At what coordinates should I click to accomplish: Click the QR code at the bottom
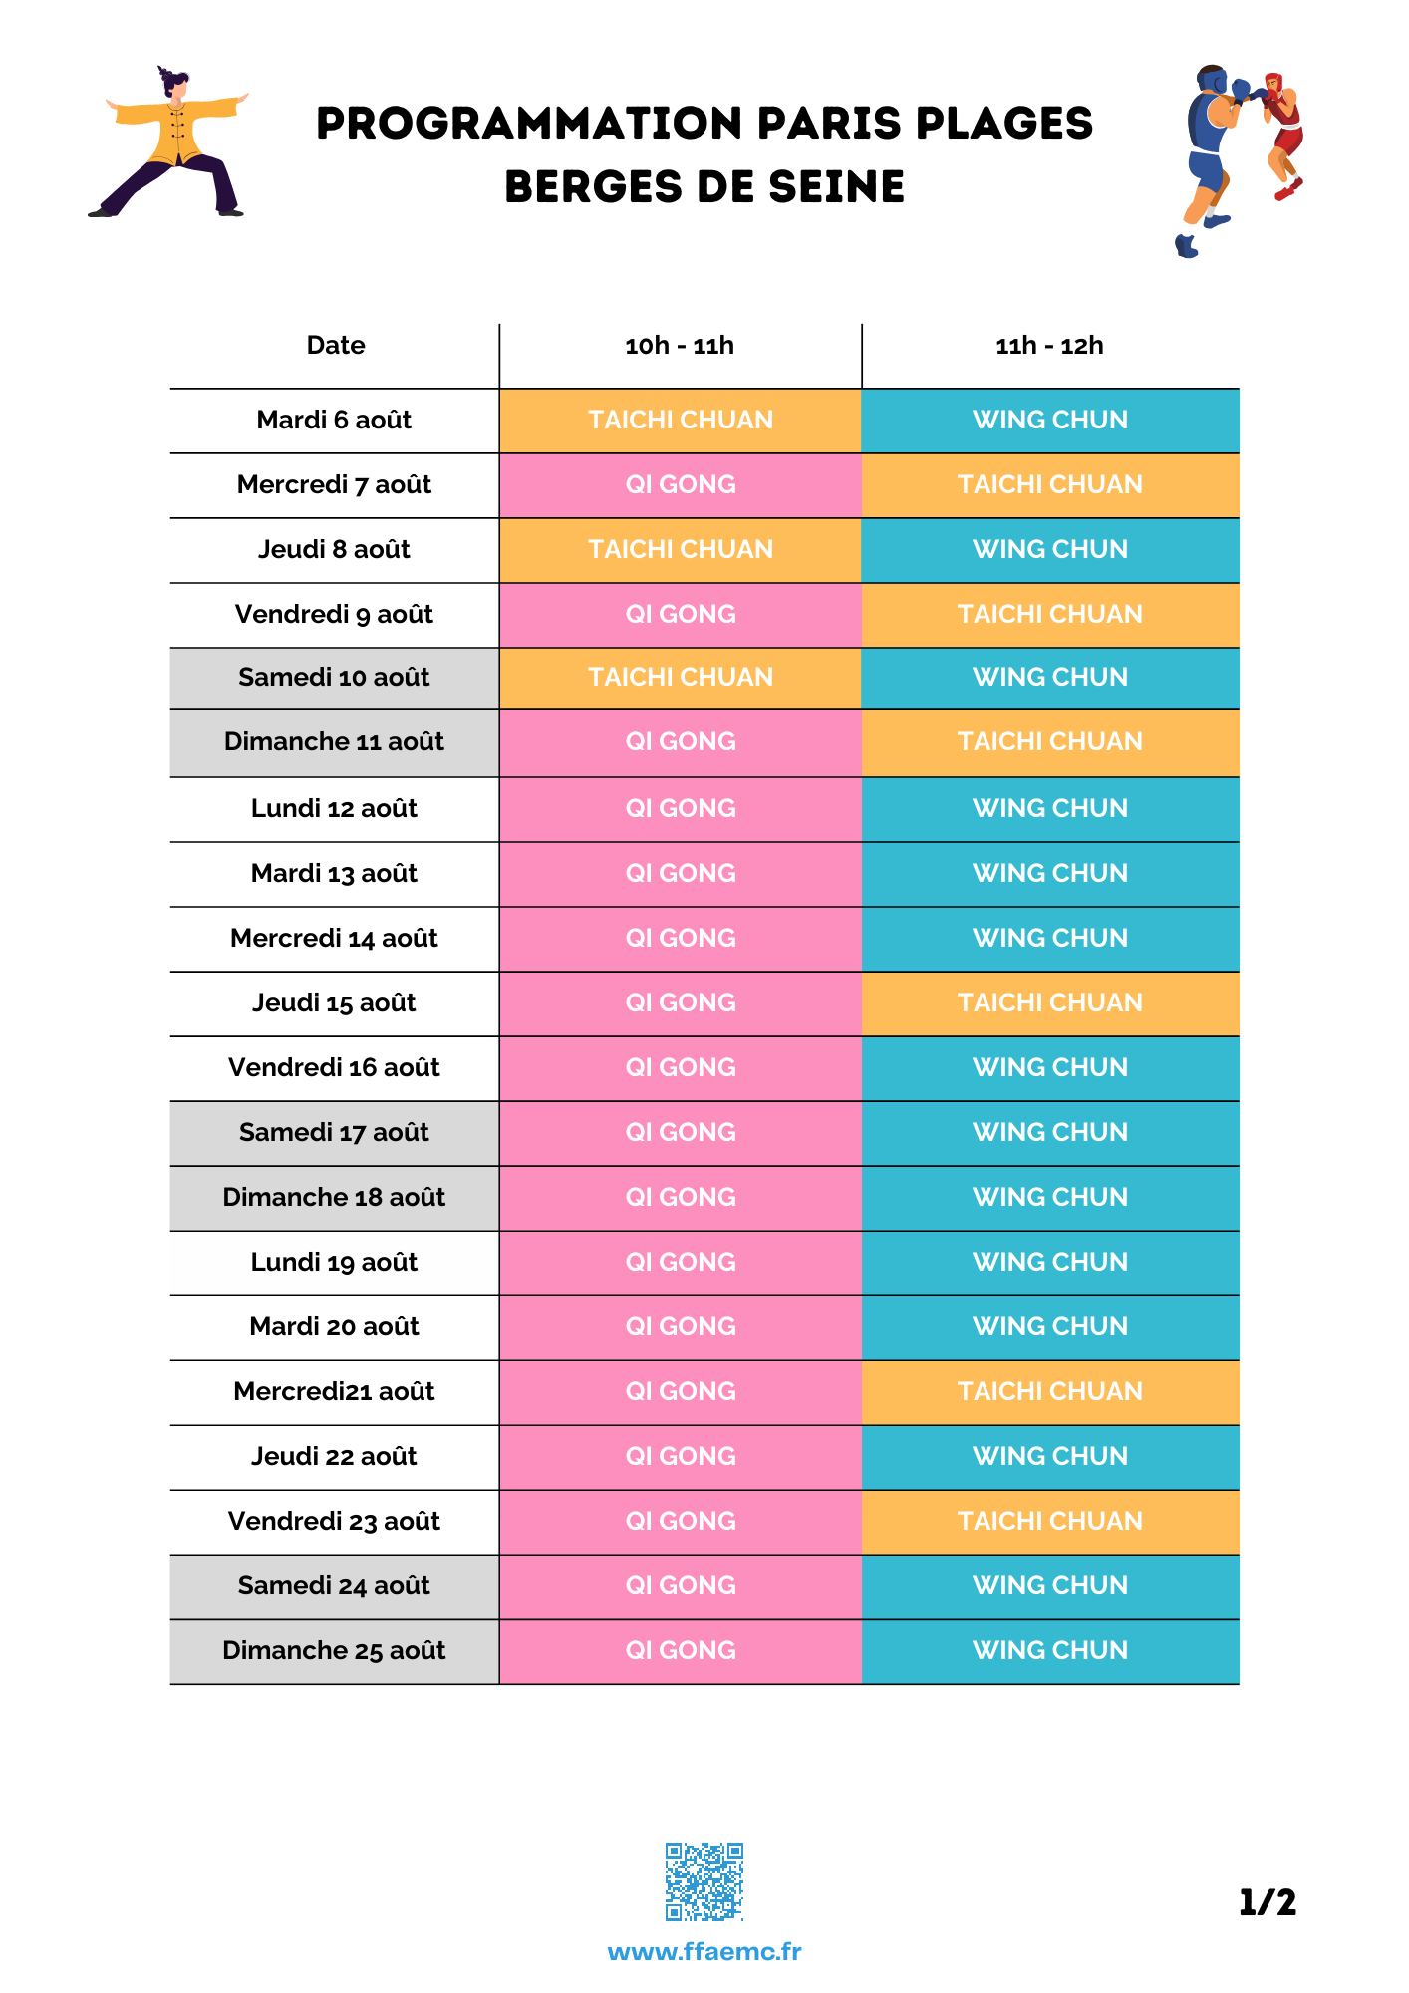[704, 1881]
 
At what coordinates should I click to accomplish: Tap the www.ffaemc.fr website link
[704, 1951]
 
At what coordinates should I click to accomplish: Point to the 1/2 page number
[1268, 1902]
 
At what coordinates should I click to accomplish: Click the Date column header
[336, 345]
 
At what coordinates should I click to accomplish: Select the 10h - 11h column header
[680, 346]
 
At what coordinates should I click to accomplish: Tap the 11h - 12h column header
[1050, 346]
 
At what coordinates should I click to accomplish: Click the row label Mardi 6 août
[334, 420]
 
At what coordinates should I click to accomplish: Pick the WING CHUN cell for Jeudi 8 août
[1050, 549]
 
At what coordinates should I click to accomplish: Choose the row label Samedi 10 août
[334, 677]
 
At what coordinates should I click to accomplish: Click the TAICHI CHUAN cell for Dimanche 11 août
[1050, 741]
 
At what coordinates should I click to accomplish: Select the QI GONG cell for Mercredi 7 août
[681, 484]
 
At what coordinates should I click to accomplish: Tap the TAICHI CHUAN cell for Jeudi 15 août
[1050, 1002]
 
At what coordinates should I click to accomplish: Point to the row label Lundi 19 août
[334, 1262]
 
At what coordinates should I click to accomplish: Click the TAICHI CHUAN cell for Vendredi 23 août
[1050, 1521]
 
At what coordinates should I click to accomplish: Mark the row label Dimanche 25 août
[334, 1650]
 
